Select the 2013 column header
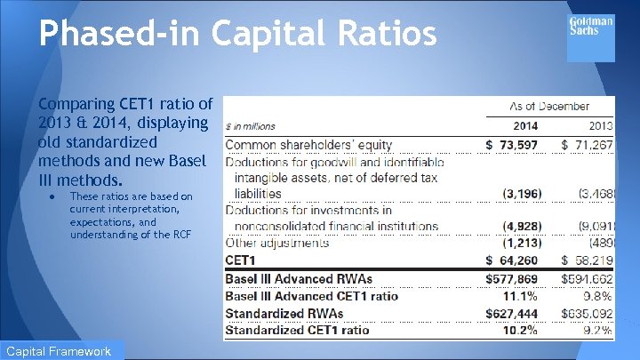[x=598, y=126]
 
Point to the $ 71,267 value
[x=588, y=144]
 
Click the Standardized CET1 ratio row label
[x=297, y=331]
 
